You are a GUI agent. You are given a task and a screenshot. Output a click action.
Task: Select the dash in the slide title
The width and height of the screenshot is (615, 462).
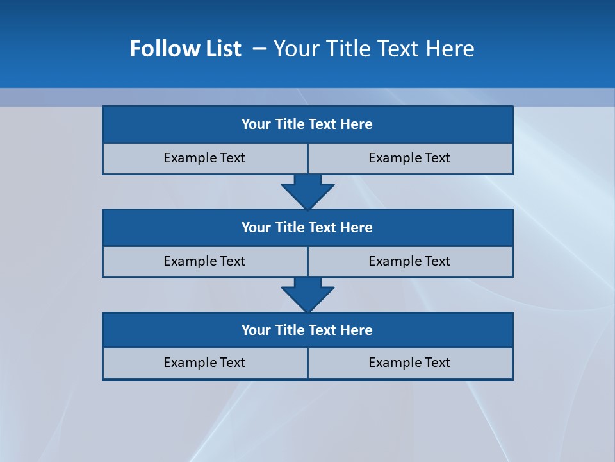click(x=259, y=49)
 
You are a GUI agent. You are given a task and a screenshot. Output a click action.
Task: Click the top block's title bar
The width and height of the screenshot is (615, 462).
click(x=307, y=124)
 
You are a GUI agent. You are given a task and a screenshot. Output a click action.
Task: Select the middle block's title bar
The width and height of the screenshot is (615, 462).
click(x=307, y=228)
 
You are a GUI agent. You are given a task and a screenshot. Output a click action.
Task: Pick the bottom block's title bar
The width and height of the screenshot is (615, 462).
click(x=307, y=330)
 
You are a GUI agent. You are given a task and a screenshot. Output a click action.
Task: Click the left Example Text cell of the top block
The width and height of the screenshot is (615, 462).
click(x=205, y=158)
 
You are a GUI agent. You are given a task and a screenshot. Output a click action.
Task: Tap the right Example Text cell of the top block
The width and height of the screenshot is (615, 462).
click(x=410, y=158)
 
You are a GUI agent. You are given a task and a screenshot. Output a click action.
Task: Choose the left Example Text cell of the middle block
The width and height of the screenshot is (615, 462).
click(x=205, y=262)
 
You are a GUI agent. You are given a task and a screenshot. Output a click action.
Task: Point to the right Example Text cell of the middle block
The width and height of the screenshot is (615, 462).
click(x=410, y=262)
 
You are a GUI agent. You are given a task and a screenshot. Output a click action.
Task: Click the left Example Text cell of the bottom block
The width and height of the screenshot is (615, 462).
click(x=205, y=363)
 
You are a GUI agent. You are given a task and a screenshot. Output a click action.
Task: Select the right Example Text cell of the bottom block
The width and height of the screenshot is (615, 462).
click(x=410, y=363)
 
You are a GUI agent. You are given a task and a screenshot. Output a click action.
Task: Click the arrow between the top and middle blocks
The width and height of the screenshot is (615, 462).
click(x=307, y=191)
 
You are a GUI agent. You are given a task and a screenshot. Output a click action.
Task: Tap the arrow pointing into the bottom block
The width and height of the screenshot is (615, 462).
click(x=307, y=295)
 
